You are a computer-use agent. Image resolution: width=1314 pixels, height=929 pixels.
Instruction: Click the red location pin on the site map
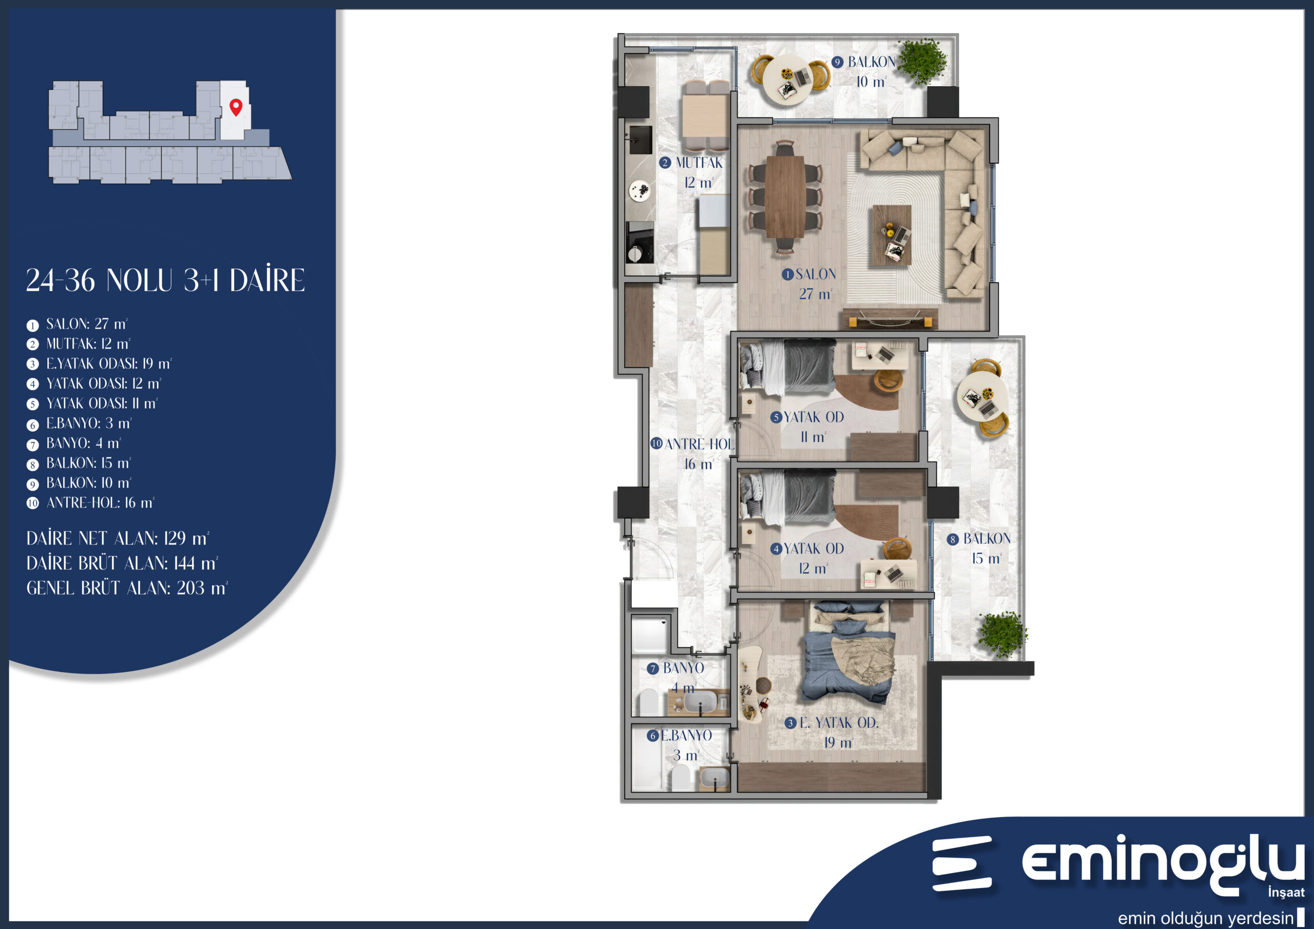tap(236, 106)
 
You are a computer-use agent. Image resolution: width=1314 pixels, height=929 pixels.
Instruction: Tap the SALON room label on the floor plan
tap(816, 274)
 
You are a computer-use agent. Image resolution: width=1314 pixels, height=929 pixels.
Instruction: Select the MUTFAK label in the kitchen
tap(699, 163)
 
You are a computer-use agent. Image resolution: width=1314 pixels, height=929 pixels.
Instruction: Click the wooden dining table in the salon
tap(785, 197)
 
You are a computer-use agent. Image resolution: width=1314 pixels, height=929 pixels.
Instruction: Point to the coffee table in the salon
tap(892, 235)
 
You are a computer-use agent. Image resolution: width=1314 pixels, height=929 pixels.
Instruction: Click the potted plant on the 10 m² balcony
tap(922, 61)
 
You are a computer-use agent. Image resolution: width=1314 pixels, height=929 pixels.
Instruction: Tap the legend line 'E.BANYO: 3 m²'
tap(89, 423)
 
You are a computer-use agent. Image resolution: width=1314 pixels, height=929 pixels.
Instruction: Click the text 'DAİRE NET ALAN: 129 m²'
tap(118, 538)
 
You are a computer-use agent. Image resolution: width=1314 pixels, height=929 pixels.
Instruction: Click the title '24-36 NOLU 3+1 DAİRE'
tap(165, 280)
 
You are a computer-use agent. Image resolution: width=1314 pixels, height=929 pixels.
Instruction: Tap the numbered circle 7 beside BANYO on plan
tap(652, 669)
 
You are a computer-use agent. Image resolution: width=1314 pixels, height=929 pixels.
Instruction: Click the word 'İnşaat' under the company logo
tap(1286, 892)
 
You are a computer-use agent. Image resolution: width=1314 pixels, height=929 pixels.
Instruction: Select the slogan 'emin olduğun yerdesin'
tap(1206, 919)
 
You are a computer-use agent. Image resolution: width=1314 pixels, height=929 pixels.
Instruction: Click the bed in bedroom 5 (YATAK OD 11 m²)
tap(787, 367)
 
